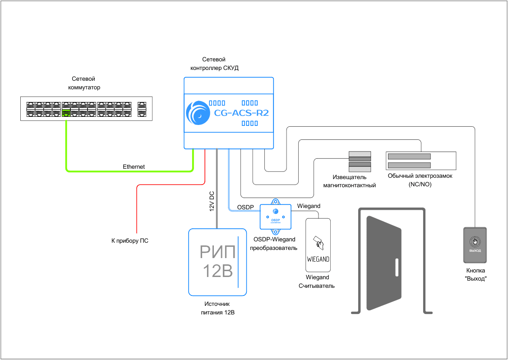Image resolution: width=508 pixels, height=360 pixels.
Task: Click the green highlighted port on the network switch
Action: coord(66,112)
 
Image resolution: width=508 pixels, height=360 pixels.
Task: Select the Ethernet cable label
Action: coord(134,167)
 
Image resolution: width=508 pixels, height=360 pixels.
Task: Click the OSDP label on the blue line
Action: coord(246,207)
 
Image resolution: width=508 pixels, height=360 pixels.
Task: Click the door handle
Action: coord(396,268)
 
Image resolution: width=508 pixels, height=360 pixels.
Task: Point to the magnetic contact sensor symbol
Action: coord(360,162)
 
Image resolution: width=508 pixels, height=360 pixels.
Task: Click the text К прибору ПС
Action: coord(130,241)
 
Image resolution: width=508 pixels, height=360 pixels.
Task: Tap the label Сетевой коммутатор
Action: coord(84,83)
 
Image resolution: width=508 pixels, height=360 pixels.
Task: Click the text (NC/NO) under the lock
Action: coord(420,185)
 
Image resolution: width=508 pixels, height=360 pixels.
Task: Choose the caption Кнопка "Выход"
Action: coord(476,275)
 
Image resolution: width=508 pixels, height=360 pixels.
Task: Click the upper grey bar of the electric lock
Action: coord(409,156)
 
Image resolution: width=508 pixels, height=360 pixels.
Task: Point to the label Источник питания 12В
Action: coord(217,308)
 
